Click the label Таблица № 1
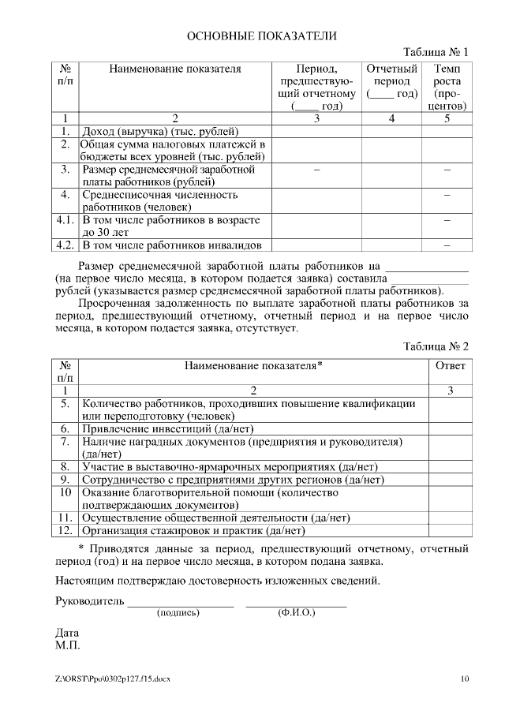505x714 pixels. (436, 52)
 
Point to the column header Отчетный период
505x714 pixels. (392, 81)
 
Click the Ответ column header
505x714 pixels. (450, 366)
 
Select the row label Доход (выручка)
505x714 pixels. (160, 131)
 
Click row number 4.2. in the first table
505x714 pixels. (66, 245)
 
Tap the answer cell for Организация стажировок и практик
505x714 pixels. (450, 531)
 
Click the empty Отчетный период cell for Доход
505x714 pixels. (392, 131)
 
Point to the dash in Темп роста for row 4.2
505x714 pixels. (447, 245)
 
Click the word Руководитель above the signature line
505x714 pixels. (89, 602)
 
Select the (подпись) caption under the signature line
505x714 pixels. (179, 613)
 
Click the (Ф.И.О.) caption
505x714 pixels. (296, 613)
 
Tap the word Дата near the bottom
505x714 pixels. (67, 634)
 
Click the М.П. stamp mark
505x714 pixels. (68, 646)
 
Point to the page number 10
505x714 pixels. (464, 679)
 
